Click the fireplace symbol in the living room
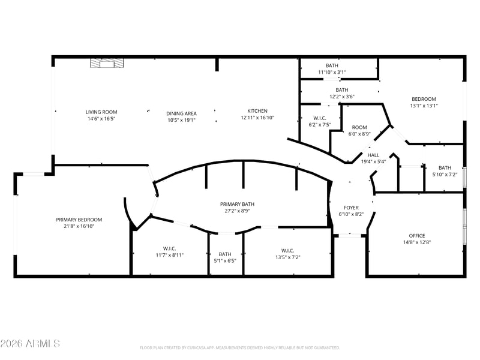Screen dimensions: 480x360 click(x=107, y=63)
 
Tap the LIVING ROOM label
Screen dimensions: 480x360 click(x=101, y=112)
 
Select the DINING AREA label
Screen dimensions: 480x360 click(x=182, y=113)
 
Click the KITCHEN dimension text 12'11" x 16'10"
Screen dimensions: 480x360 click(x=257, y=118)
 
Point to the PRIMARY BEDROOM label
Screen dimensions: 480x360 click(x=79, y=220)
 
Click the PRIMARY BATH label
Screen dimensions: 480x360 click(x=237, y=204)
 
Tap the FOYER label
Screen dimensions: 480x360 click(x=351, y=208)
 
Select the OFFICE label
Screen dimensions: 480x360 click(x=417, y=236)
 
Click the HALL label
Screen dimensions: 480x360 click(x=373, y=155)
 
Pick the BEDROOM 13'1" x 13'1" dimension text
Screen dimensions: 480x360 click(x=424, y=106)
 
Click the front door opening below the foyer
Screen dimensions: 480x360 click(x=350, y=235)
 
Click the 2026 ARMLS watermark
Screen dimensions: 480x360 click(x=30, y=343)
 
